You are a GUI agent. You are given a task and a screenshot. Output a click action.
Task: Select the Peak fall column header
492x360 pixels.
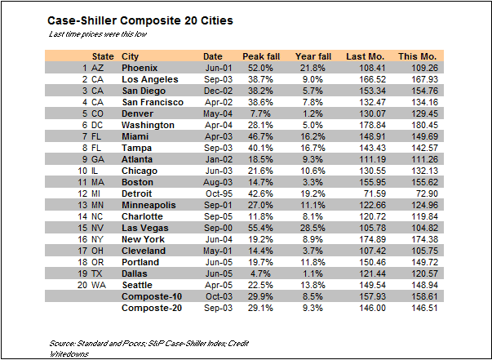261,56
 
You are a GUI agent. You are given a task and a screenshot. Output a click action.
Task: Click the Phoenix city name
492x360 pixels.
140,67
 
